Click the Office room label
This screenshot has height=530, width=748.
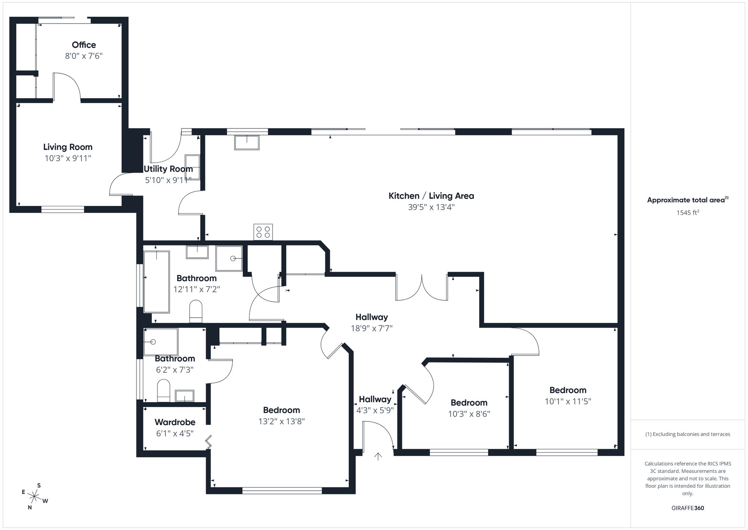click(x=84, y=45)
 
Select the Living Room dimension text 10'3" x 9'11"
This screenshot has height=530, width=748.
click(x=68, y=158)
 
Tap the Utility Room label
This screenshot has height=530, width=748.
click(x=168, y=169)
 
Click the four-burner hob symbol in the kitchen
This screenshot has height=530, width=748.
click(x=263, y=231)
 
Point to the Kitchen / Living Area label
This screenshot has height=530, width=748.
click(x=431, y=196)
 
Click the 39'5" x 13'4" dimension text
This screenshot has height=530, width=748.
click(x=431, y=207)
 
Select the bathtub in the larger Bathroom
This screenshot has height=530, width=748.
click(x=157, y=282)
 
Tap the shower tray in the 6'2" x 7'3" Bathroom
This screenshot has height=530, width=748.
click(x=161, y=342)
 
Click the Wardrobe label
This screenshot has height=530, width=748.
click(x=175, y=422)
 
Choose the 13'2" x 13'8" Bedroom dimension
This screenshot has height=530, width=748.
click(x=281, y=421)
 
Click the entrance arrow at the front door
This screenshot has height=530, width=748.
click(x=378, y=456)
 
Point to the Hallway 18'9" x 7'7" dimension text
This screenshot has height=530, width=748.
click(x=371, y=328)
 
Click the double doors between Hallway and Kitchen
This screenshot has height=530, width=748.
click(x=421, y=288)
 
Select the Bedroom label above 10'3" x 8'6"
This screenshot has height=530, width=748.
click(x=469, y=403)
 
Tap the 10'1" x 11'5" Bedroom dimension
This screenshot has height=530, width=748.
click(x=567, y=402)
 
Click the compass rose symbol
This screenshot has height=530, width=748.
click(x=34, y=497)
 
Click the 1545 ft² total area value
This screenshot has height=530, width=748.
click(x=687, y=213)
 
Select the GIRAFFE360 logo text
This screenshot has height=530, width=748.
click(x=687, y=508)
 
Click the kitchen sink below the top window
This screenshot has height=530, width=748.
click(x=247, y=143)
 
